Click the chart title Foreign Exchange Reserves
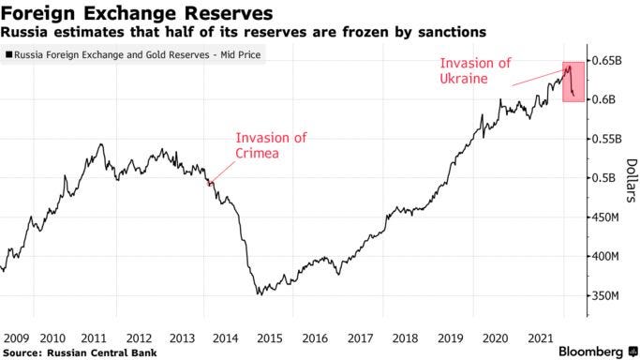tap(137, 14)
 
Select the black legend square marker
tap(9, 54)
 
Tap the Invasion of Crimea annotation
tap(271, 146)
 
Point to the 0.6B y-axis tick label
tap(604, 100)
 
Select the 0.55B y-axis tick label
tap(607, 140)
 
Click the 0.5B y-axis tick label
tap(604, 178)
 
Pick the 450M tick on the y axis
tap(605, 217)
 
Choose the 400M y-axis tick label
tap(605, 256)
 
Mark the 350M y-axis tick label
tap(605, 295)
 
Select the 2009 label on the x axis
tap(16, 337)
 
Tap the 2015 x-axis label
tap(270, 337)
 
